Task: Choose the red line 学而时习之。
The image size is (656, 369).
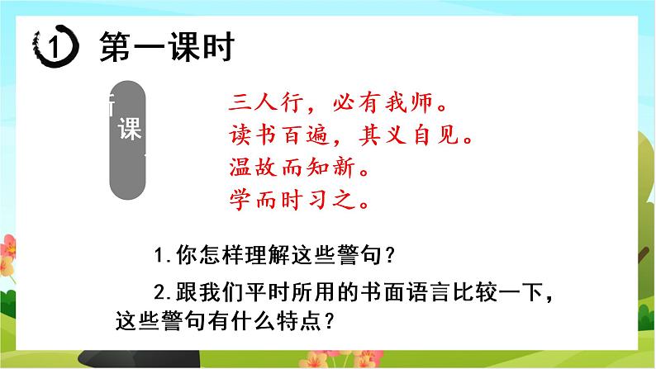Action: (296, 199)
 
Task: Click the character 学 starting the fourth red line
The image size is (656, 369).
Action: (237, 199)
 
